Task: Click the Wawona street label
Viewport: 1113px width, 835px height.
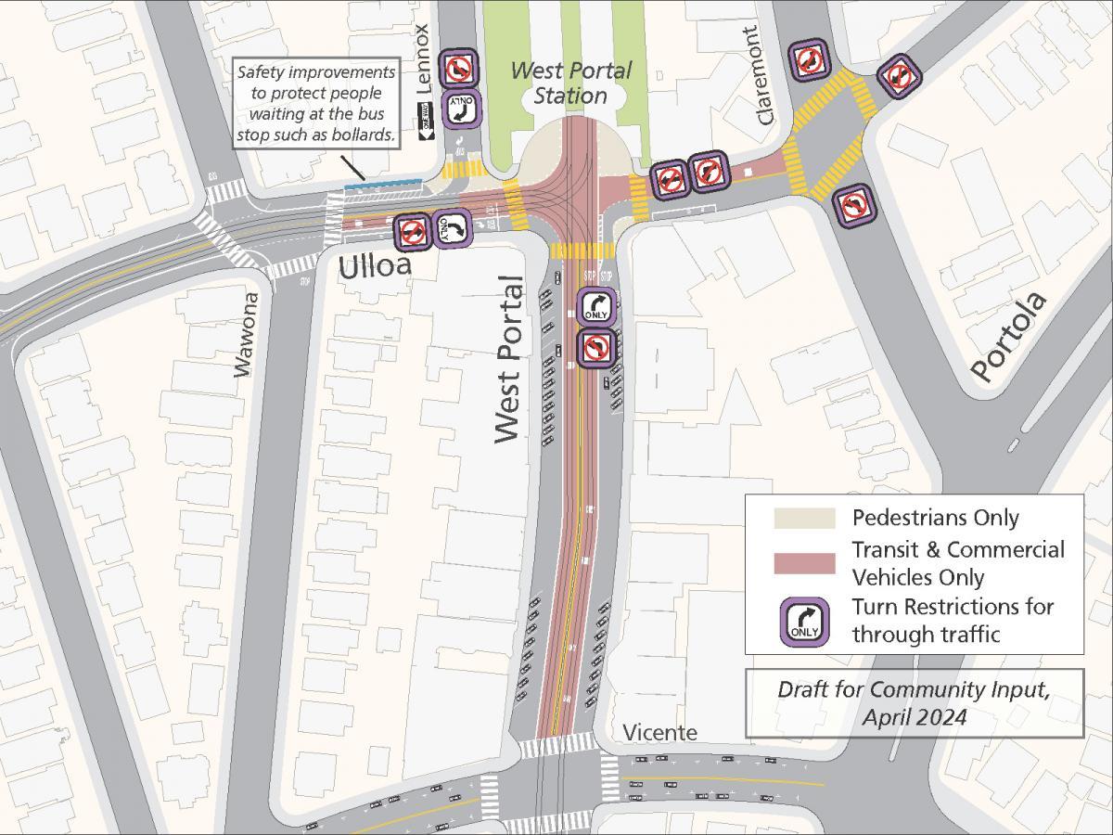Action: point(244,335)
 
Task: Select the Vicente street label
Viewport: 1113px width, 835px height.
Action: point(659,733)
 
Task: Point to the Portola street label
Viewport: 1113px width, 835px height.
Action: point(1008,337)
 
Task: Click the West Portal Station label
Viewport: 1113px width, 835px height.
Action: point(570,83)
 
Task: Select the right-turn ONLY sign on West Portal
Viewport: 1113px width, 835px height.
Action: point(596,306)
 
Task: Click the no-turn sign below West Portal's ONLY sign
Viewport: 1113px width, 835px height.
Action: point(596,347)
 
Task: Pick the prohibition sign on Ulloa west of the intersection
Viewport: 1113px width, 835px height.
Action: point(413,231)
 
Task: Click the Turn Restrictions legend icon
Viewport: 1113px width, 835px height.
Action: point(803,622)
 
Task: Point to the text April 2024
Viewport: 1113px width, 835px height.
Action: point(914,717)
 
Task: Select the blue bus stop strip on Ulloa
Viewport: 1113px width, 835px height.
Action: point(382,185)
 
